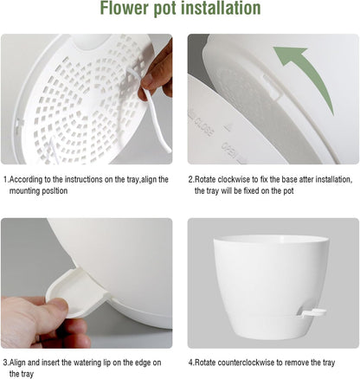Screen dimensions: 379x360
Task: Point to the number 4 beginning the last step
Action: click(x=190, y=362)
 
